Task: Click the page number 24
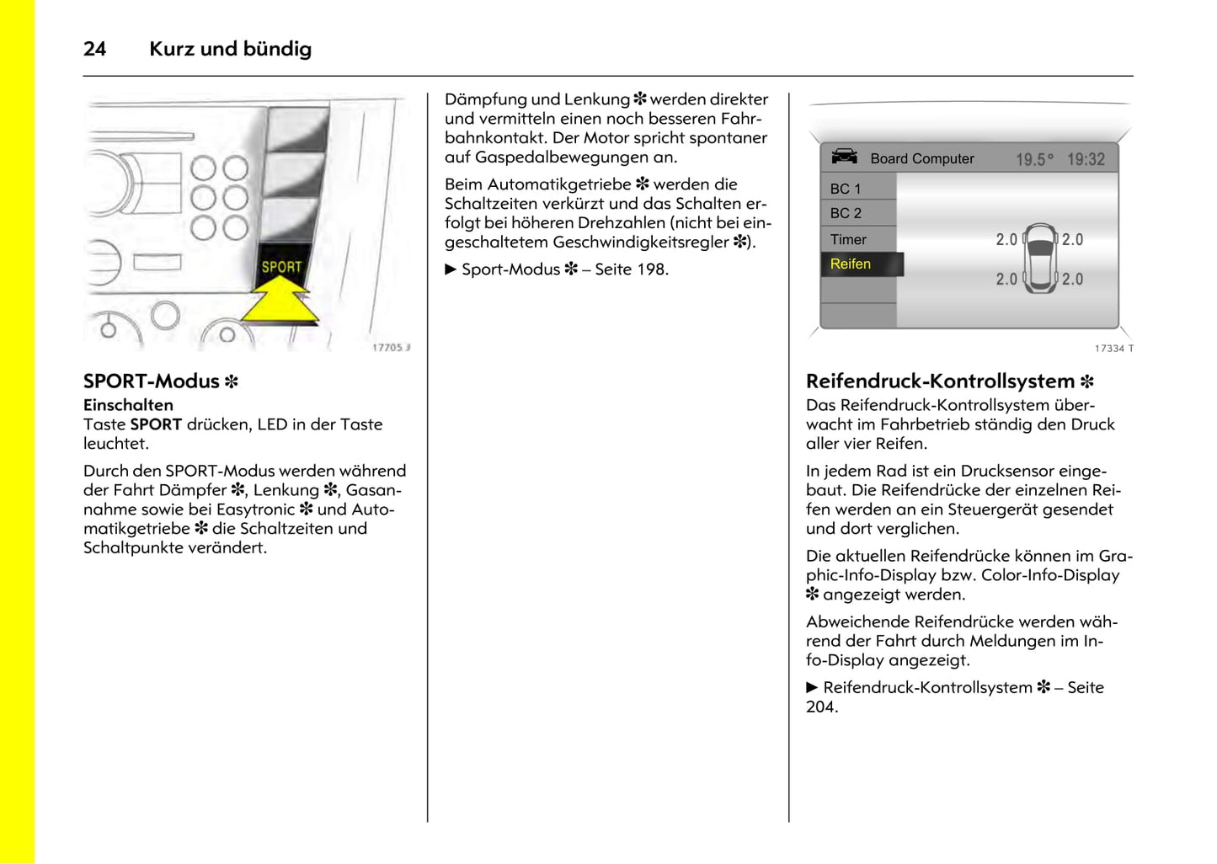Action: tap(94, 49)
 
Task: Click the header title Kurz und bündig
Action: tap(230, 49)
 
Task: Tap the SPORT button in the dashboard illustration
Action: tap(281, 266)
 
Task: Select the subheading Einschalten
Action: tap(128, 405)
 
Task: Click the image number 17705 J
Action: tap(391, 347)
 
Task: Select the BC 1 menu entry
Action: tap(846, 189)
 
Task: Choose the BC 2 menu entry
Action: tap(846, 213)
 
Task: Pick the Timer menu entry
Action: tap(848, 239)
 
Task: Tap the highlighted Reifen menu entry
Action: tap(851, 264)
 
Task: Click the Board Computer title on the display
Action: tap(921, 158)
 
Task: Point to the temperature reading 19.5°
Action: tap(1034, 159)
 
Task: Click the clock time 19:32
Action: tap(1086, 159)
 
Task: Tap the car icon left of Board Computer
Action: tap(844, 157)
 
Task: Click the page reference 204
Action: tap(821, 707)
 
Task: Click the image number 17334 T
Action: tap(1113, 348)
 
